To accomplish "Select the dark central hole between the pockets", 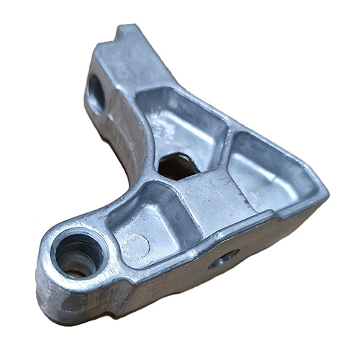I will click(x=177, y=166).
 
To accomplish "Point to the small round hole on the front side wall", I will click(x=224, y=258).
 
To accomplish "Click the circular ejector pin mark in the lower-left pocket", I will click(x=141, y=245).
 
